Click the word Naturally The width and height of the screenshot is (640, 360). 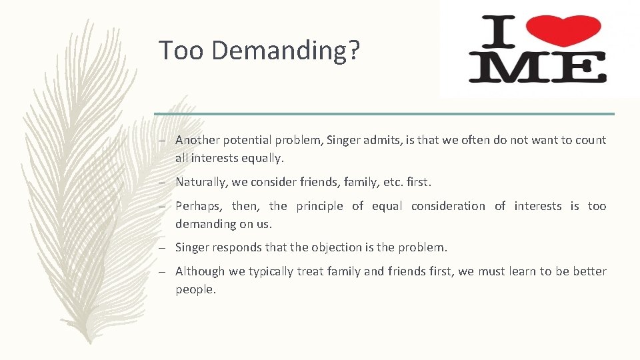pos(201,182)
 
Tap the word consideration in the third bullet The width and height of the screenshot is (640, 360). pos(448,206)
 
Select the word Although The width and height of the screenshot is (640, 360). pos(200,271)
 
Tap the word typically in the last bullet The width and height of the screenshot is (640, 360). pos(273,271)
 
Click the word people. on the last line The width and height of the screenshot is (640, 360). pos(196,290)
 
